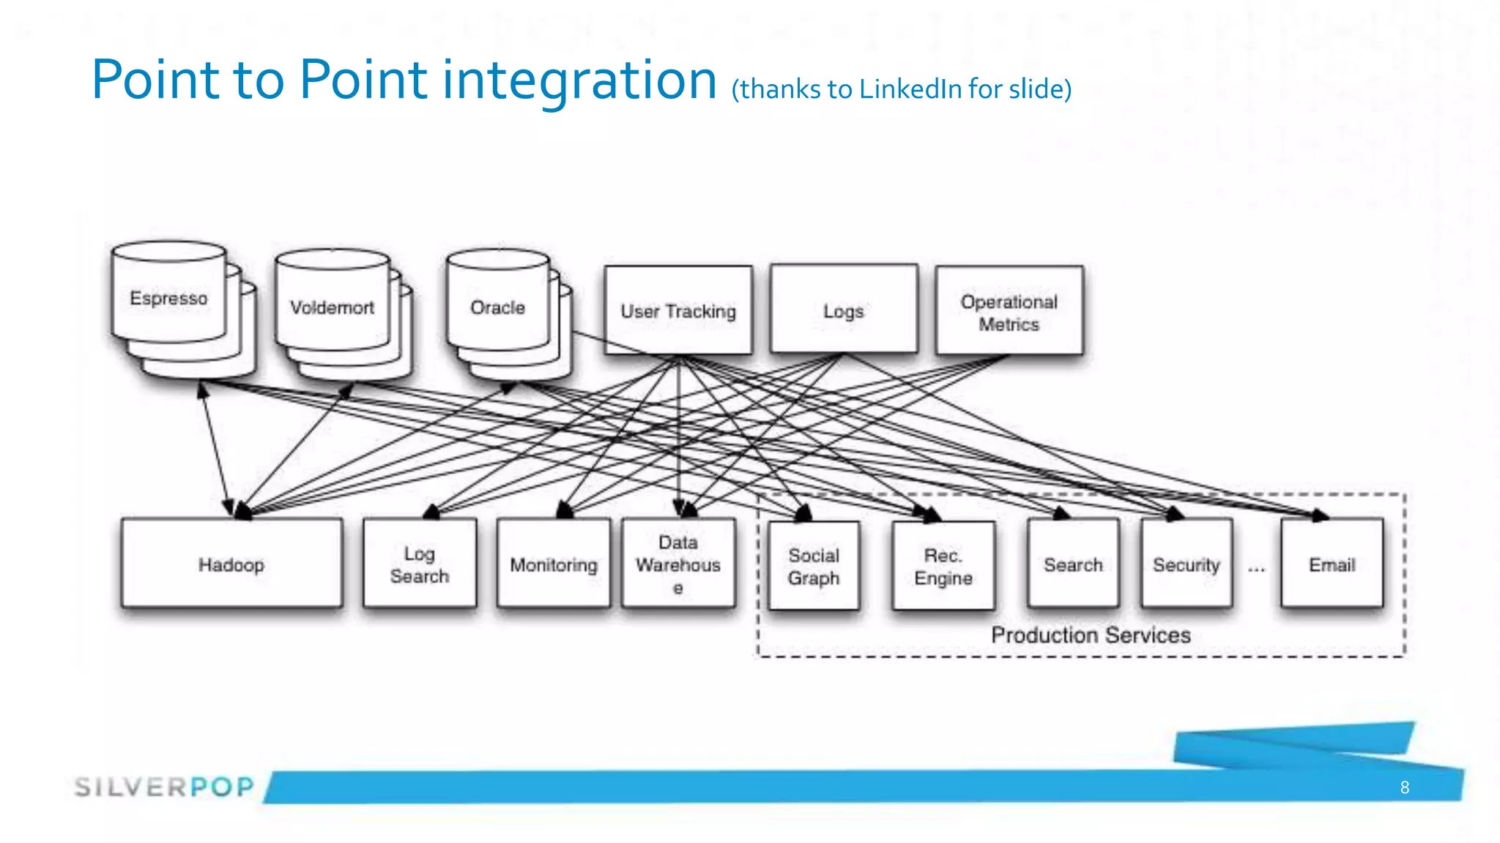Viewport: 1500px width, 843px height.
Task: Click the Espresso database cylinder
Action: coord(169,298)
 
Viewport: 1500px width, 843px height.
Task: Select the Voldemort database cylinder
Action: coord(333,307)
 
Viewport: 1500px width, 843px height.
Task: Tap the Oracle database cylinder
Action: coord(498,307)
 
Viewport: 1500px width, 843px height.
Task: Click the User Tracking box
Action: coord(678,311)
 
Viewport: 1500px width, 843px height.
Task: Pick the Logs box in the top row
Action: coord(844,310)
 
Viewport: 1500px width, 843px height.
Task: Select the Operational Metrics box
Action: coord(1009,312)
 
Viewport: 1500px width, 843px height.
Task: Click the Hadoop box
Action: coord(231,564)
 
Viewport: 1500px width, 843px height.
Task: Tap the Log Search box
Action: coord(420,564)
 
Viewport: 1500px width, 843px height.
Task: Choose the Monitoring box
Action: coord(554,564)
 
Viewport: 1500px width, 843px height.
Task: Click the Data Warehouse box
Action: coord(678,564)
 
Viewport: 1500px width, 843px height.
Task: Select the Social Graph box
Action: coord(814,566)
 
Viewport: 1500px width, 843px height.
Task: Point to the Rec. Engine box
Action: coord(943,566)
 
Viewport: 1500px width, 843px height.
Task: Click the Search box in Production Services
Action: coord(1073,564)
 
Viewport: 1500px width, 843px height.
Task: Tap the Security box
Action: coord(1187,564)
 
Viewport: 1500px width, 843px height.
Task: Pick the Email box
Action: coord(1332,564)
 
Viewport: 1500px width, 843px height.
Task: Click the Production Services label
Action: coord(1091,634)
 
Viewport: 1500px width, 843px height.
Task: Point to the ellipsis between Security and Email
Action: coord(1257,568)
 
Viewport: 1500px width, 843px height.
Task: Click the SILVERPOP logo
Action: coord(164,787)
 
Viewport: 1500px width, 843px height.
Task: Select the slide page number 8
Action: coord(1404,787)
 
